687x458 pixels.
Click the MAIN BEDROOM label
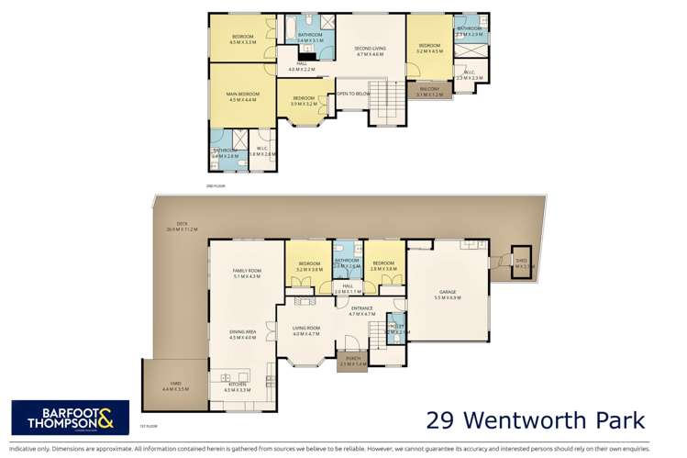[x=242, y=93]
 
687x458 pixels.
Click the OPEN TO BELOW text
[x=353, y=94]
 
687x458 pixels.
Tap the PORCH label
[x=352, y=360]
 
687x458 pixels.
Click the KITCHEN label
[x=237, y=385]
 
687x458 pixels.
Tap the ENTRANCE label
[x=362, y=308]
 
